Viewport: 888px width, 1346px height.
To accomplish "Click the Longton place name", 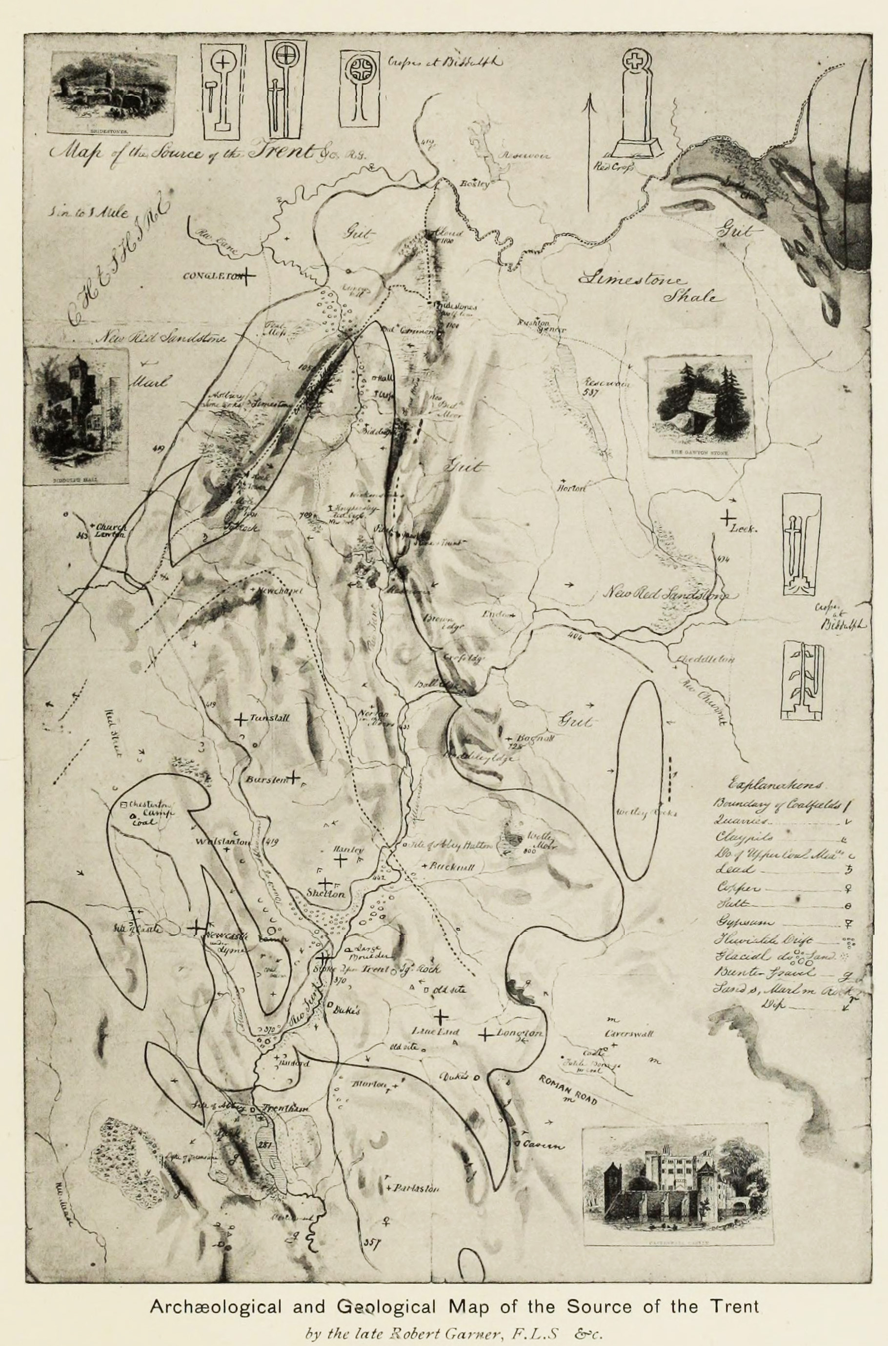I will (520, 1033).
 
